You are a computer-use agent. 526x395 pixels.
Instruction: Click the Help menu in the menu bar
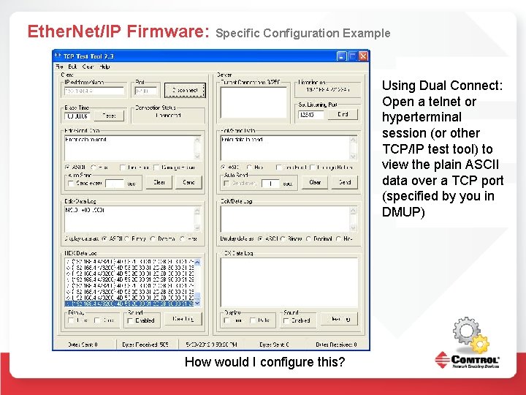coord(105,67)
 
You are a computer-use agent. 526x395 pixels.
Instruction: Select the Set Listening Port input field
coord(312,114)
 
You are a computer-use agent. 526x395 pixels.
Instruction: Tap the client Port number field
coord(146,91)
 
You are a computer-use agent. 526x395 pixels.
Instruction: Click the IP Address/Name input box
coord(94,91)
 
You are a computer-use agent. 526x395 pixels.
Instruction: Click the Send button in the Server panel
coord(345,182)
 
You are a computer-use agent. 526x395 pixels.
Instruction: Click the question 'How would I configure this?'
coord(265,362)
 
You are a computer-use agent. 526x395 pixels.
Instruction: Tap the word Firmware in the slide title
coord(167,31)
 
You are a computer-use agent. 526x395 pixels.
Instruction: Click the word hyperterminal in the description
coord(422,117)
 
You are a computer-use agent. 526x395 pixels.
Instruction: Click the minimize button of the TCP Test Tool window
coord(341,56)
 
